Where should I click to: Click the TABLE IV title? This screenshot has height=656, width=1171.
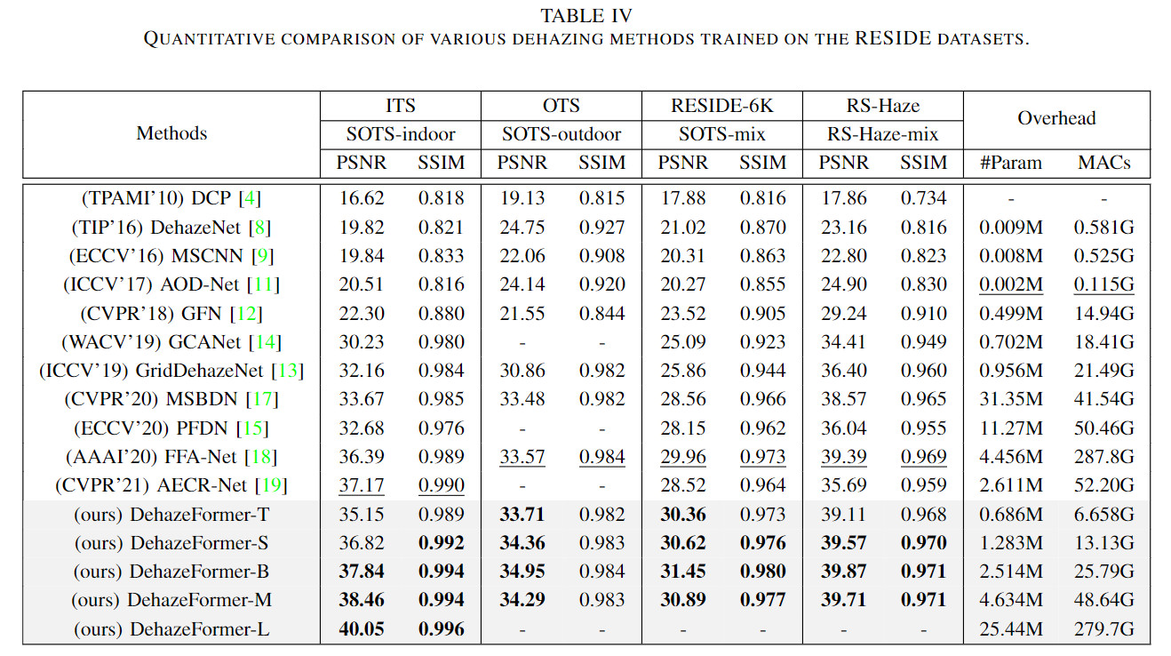[585, 15]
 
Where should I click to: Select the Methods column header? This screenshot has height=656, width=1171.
[171, 133]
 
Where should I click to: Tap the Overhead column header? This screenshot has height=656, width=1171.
[1056, 118]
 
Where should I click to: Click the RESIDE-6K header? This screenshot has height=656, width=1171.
[722, 106]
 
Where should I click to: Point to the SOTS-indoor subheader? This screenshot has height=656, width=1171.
[401, 134]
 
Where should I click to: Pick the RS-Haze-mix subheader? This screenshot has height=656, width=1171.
[883, 134]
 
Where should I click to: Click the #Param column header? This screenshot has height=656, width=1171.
[1011, 163]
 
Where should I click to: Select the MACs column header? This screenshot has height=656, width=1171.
[1103, 163]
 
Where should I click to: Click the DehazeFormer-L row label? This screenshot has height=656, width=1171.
[171, 630]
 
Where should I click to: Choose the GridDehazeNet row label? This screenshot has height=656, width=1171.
[171, 371]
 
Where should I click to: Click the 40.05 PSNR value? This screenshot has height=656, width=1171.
[362, 630]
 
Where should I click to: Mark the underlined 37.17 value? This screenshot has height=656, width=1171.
[362, 486]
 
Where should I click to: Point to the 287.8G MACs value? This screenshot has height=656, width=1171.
[1103, 458]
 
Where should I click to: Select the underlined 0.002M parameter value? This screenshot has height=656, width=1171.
[1011, 284]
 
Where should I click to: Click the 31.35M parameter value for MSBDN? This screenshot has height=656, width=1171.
[1011, 400]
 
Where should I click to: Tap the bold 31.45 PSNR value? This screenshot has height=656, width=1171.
[683, 572]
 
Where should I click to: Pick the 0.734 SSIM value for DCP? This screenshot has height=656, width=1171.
[923, 198]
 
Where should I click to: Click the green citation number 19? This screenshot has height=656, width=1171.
[272, 486]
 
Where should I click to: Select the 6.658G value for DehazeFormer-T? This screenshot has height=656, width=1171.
[1103, 515]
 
